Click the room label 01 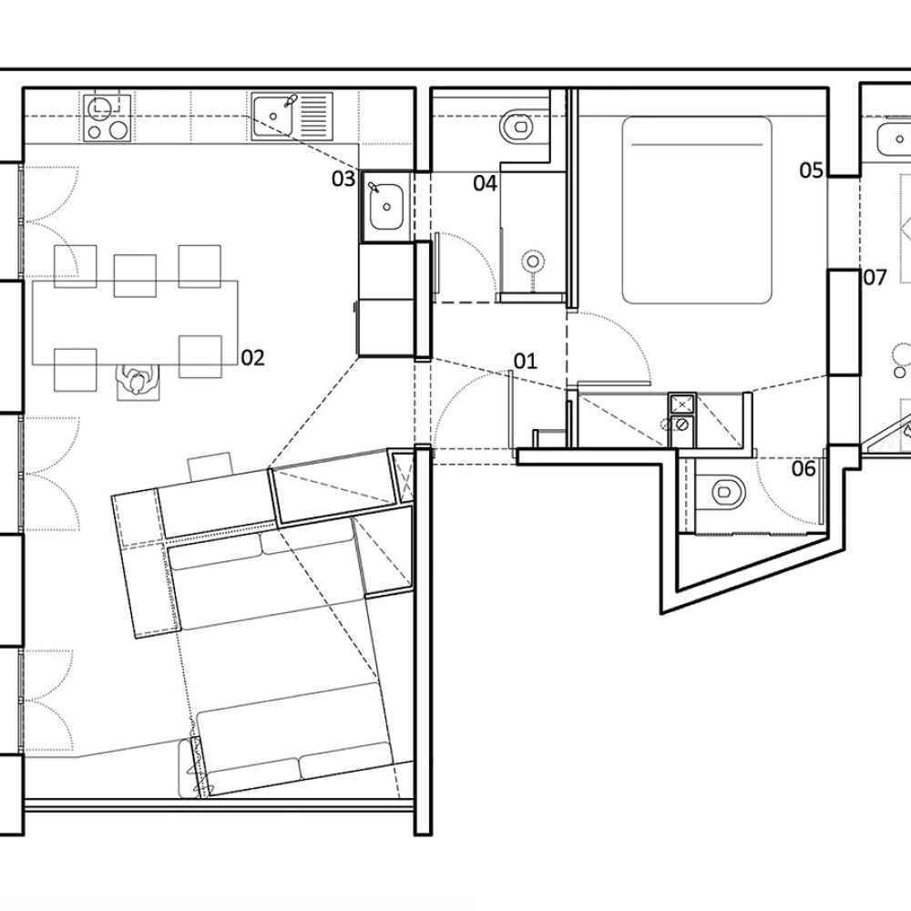click(x=526, y=362)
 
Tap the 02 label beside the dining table click(x=252, y=358)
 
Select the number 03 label click(x=343, y=179)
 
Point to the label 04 click(x=485, y=184)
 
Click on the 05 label click(x=812, y=170)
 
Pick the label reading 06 click(x=803, y=469)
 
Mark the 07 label click(x=875, y=277)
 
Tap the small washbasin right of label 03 click(x=386, y=206)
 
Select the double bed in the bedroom click(x=697, y=210)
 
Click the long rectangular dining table click(x=135, y=322)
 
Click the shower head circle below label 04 click(x=533, y=262)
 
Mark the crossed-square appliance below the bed click(x=681, y=404)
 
